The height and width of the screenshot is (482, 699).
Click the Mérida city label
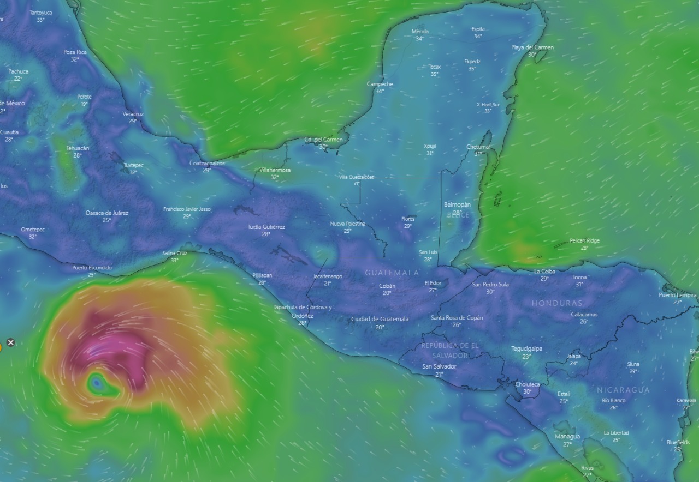click(x=420, y=32)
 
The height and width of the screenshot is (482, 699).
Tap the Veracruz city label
click(x=133, y=114)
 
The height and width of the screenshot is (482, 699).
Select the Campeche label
click(x=380, y=84)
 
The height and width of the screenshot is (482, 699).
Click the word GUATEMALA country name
click(x=392, y=272)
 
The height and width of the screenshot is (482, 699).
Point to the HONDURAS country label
click(x=557, y=303)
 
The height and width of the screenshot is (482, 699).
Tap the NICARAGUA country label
click(x=623, y=390)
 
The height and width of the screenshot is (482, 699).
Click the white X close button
click(x=10, y=343)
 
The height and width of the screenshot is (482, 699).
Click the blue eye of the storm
click(x=97, y=384)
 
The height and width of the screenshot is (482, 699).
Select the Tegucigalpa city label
click(x=527, y=348)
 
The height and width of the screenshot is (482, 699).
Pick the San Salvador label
click(x=439, y=366)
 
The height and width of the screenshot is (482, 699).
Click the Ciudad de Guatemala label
click(x=380, y=319)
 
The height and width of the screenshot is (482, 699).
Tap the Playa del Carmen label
click(x=532, y=47)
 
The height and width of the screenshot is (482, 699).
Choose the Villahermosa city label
click(x=275, y=170)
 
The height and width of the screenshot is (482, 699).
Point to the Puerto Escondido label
click(x=92, y=268)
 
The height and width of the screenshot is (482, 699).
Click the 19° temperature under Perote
click(x=84, y=104)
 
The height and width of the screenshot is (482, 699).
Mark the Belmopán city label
click(x=457, y=204)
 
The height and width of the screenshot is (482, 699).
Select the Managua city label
click(x=567, y=437)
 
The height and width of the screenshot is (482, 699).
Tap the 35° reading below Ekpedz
click(x=472, y=69)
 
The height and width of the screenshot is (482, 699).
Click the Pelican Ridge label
click(x=584, y=240)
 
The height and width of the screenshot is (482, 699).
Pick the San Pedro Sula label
click(x=490, y=284)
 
